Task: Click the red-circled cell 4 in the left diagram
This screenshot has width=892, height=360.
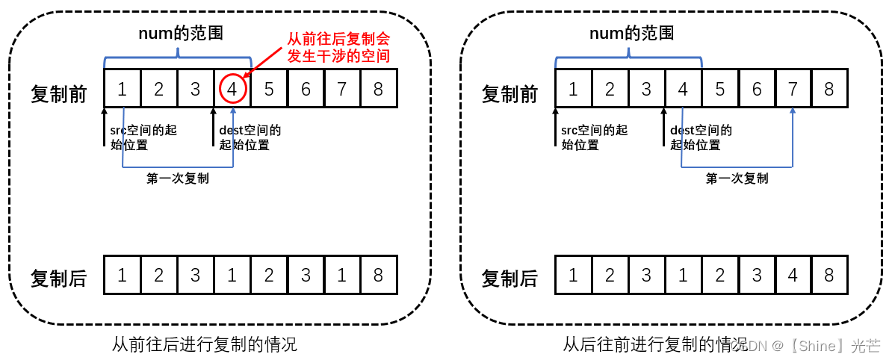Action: tap(232, 89)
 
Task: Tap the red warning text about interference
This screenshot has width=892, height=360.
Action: tap(338, 46)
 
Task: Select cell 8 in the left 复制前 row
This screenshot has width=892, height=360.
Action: tap(378, 89)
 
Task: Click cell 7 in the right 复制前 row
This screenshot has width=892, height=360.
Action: tap(793, 89)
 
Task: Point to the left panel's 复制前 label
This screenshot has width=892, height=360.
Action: tap(58, 94)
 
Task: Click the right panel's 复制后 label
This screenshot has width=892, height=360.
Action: tap(510, 279)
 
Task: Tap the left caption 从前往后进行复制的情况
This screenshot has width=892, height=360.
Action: tap(204, 344)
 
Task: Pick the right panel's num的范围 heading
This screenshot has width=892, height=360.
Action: tap(632, 34)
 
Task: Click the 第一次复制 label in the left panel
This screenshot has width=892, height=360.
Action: tap(178, 179)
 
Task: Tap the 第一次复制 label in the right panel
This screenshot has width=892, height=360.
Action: tap(737, 179)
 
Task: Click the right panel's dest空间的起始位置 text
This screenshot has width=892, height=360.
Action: tap(701, 137)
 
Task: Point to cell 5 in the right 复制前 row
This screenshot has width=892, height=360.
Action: tap(719, 89)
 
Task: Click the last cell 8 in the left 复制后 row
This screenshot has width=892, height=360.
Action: tap(378, 275)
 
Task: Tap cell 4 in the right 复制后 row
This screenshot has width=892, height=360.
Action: tap(793, 275)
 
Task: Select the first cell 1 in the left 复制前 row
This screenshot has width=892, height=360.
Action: tap(123, 89)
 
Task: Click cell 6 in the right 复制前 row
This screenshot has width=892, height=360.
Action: tap(756, 89)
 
